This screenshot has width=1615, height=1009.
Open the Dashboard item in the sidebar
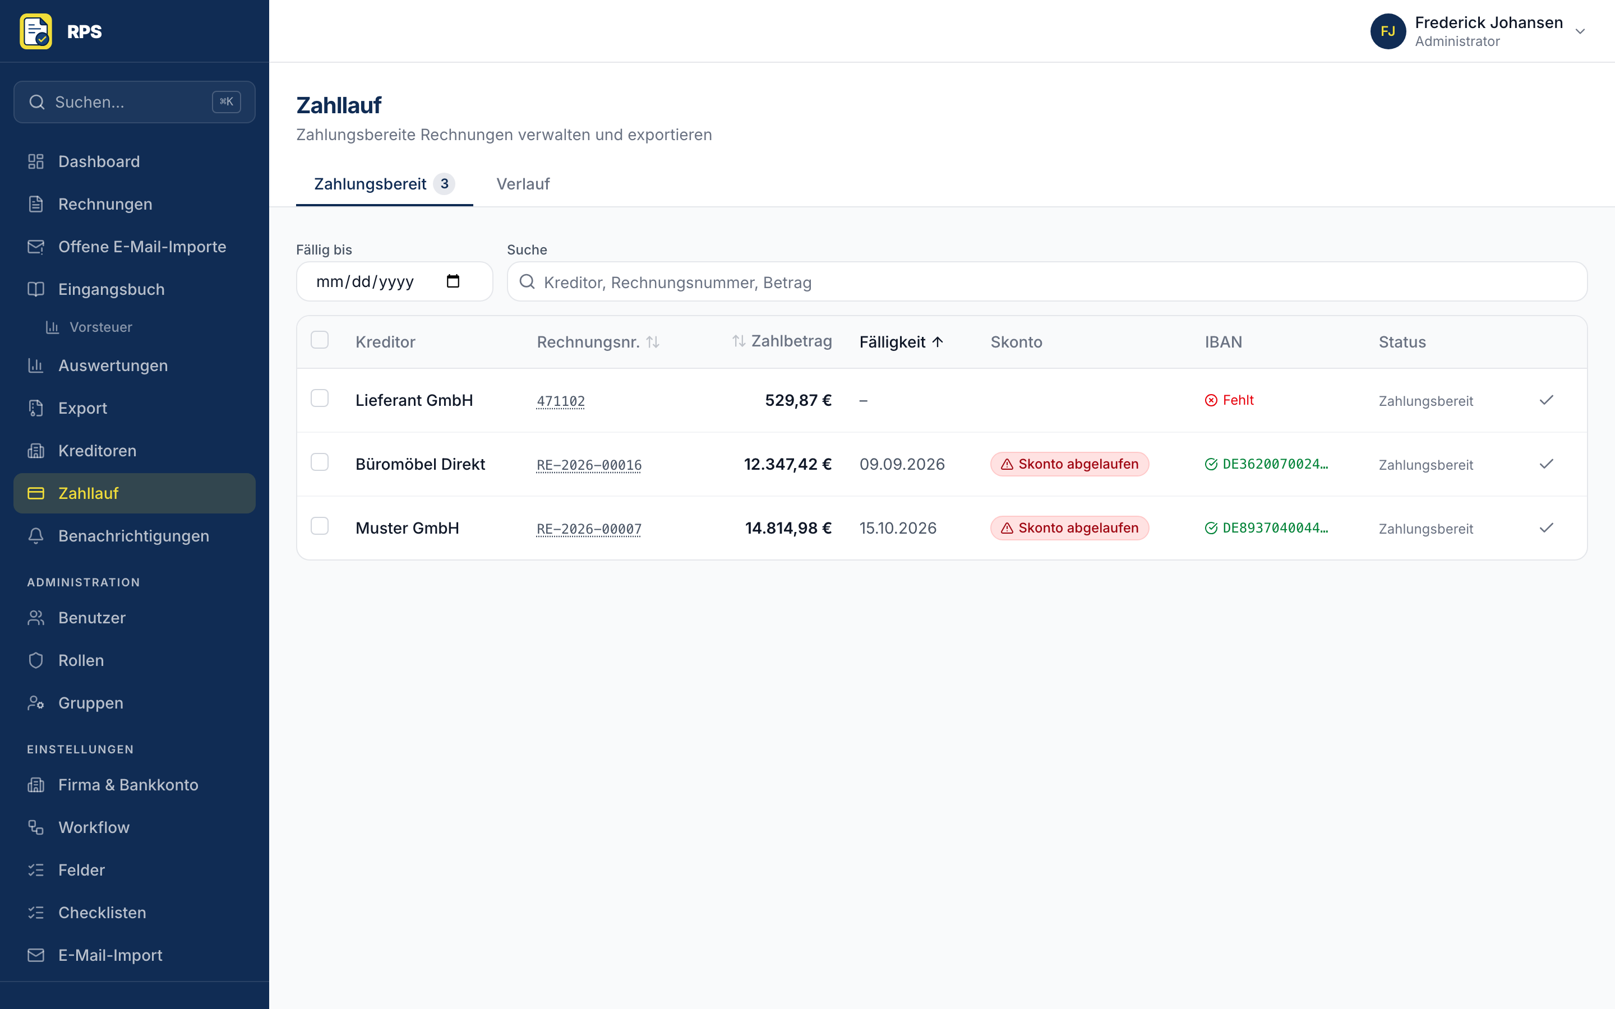click(99, 161)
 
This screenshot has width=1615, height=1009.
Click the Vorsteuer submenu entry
click(101, 327)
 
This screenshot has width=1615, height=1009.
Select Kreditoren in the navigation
click(98, 451)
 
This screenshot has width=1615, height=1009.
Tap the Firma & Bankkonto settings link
click(128, 785)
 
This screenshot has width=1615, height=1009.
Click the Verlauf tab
click(523, 184)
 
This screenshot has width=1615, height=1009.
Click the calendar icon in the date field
click(453, 281)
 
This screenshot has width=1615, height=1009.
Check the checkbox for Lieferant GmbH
click(320, 399)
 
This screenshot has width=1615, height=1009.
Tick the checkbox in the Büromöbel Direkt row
click(320, 462)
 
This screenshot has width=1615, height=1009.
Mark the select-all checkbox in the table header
click(320, 340)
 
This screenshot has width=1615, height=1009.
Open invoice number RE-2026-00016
click(589, 465)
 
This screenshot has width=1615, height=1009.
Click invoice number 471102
click(561, 401)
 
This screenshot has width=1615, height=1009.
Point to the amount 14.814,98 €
click(788, 529)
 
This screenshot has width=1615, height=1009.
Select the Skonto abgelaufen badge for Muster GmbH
click(1069, 528)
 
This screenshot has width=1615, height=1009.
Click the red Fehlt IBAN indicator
click(1229, 400)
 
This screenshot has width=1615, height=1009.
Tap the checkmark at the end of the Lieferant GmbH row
click(1546, 400)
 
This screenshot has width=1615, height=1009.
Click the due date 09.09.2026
click(902, 465)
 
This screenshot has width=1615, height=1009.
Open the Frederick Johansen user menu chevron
click(1580, 31)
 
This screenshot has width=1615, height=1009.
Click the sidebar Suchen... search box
click(134, 102)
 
